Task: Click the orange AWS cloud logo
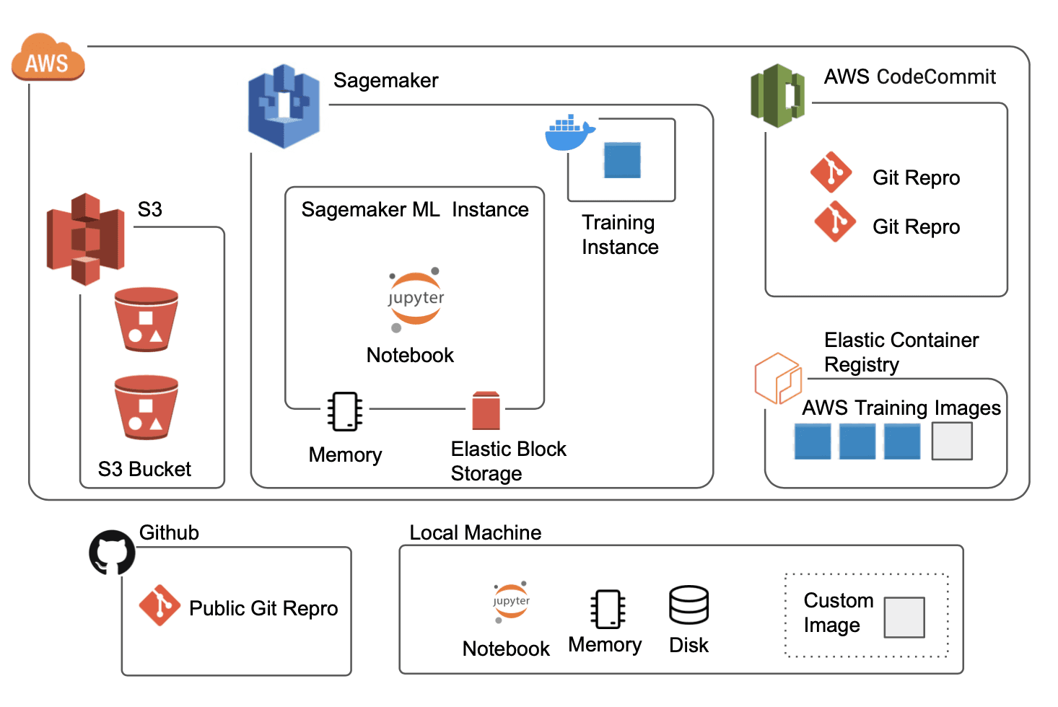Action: [48, 57]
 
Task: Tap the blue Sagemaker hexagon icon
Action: [284, 106]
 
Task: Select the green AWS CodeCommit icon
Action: [777, 95]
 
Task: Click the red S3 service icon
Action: [85, 239]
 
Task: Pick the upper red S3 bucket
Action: [147, 320]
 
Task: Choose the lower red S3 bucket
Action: [147, 407]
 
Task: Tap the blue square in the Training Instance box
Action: [622, 160]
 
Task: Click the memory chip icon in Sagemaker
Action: [345, 411]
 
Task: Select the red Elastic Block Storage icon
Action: [486, 410]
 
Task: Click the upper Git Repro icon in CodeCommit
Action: [831, 172]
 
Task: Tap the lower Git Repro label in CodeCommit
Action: [916, 227]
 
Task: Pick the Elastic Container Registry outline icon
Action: [777, 377]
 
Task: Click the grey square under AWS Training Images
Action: [952, 441]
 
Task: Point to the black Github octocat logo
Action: [112, 553]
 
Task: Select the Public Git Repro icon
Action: [159, 605]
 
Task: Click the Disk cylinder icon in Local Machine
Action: [688, 605]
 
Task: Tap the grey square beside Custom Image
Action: [904, 618]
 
